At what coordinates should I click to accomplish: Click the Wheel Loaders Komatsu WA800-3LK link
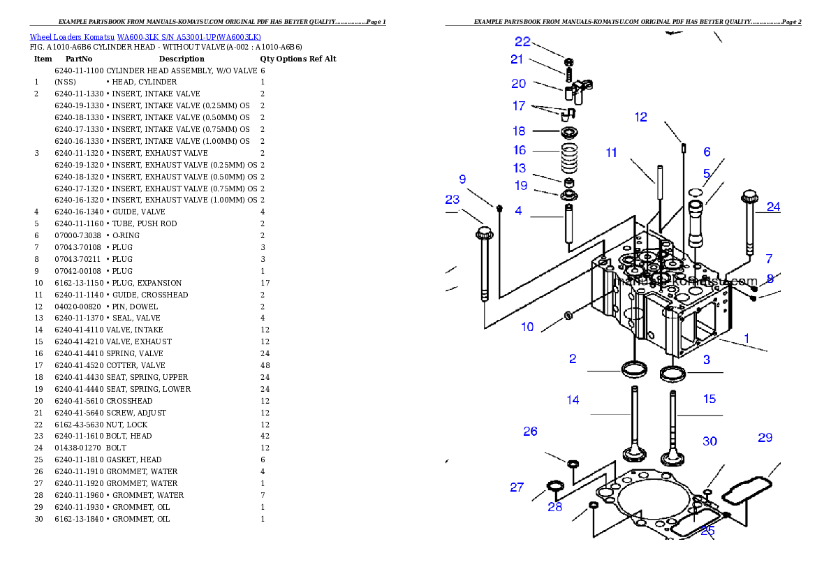145,37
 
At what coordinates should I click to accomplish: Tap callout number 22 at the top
522,42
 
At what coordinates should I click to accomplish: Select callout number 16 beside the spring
519,150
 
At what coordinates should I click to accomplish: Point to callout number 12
640,117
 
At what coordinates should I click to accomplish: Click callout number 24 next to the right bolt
772,207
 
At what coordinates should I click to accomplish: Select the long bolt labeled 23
483,265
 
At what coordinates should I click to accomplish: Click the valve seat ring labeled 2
634,369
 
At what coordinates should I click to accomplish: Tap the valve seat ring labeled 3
673,374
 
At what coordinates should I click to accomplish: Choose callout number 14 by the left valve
573,400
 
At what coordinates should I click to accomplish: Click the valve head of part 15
673,457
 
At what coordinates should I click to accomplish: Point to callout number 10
527,326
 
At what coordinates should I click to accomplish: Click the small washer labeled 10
569,316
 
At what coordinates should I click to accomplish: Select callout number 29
765,438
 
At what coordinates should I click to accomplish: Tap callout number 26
530,431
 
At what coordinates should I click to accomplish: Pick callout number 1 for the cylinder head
746,338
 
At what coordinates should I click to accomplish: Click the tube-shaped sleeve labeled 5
697,223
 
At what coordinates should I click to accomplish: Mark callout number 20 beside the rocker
518,84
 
